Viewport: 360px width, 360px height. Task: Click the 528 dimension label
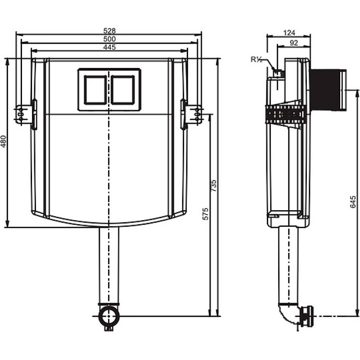click(109, 31)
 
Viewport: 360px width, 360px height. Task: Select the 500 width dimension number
click(109, 39)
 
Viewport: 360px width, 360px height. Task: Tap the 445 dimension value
click(109, 47)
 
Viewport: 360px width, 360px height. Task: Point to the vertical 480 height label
click(4, 141)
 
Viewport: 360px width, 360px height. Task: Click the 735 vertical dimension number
click(213, 186)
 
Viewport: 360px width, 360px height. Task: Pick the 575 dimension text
click(206, 214)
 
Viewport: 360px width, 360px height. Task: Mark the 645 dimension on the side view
click(353, 202)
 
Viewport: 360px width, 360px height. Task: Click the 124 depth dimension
click(289, 33)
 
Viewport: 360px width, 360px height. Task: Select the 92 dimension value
click(294, 43)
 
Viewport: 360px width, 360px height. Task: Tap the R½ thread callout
click(256, 60)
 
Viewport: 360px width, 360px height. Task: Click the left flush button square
click(95, 90)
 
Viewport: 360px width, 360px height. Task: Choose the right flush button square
click(123, 90)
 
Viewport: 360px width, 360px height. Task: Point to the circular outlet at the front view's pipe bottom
click(109, 316)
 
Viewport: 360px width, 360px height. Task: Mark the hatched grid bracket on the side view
click(286, 114)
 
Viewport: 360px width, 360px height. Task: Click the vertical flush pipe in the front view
click(109, 265)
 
